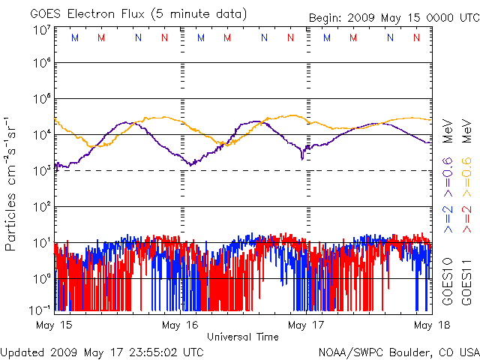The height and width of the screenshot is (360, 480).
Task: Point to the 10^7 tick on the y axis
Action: coord(41,30)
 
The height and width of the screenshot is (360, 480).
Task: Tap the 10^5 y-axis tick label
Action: coord(41,100)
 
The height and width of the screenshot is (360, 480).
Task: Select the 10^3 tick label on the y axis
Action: coord(41,171)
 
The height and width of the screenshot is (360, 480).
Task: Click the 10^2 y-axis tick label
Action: coord(41,207)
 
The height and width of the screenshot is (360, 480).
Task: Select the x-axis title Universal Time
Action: coord(242,337)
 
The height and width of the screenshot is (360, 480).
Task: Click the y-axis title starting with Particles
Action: coord(11,183)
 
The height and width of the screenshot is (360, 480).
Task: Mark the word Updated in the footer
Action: coord(24,351)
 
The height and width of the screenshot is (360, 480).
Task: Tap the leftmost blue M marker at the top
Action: coord(73,37)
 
